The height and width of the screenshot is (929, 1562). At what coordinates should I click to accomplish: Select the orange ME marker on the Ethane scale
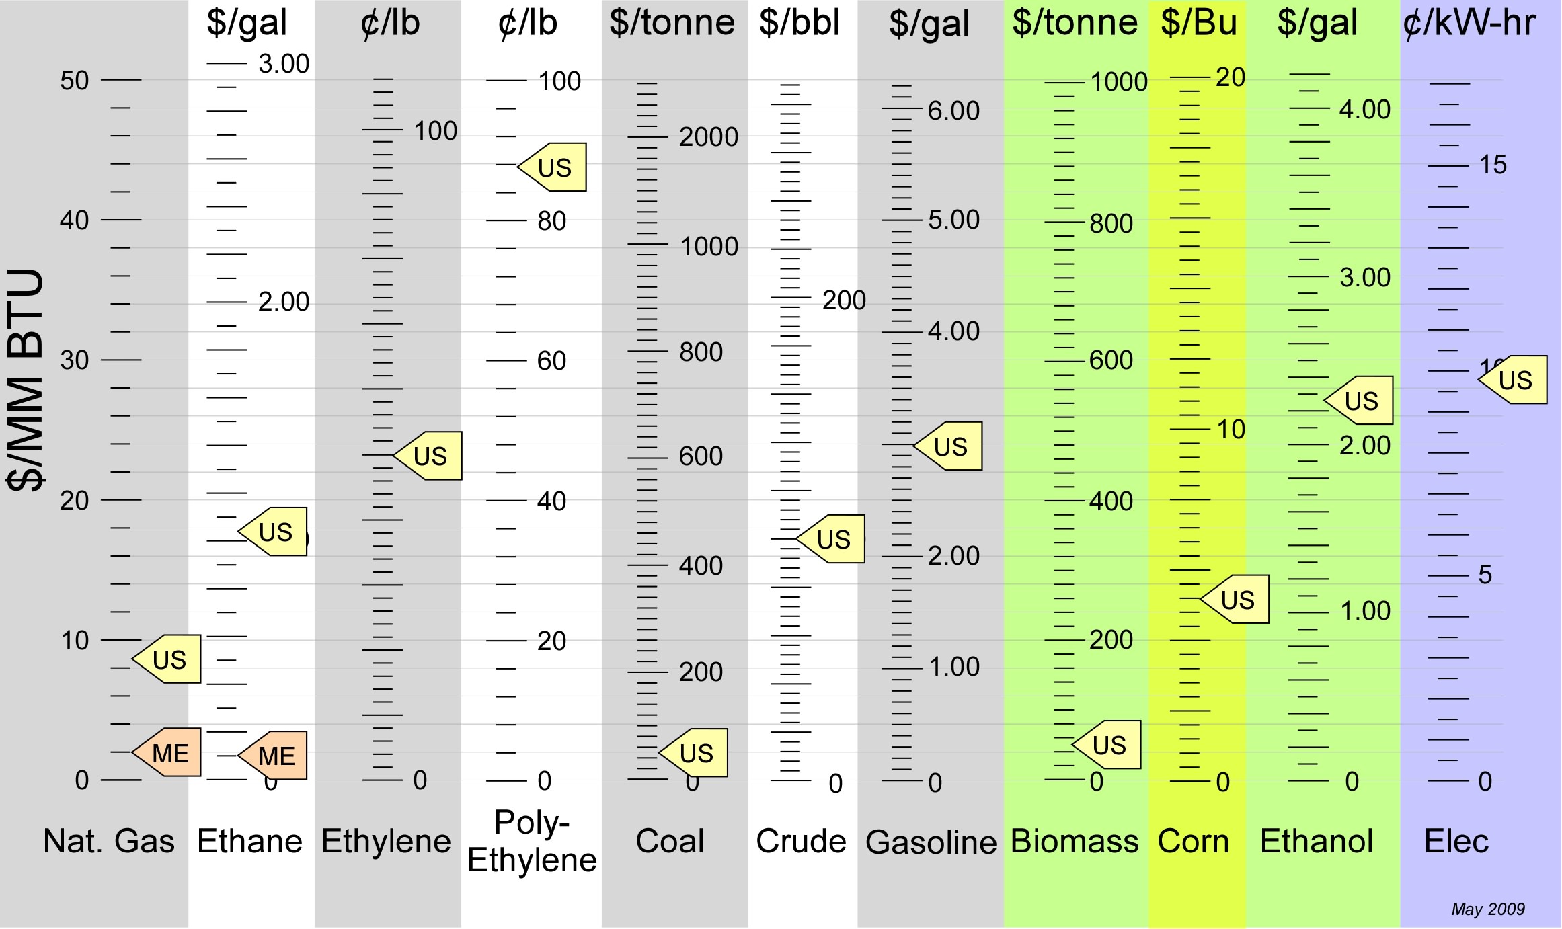tap(276, 756)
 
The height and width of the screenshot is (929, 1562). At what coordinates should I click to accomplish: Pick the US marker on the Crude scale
tap(833, 539)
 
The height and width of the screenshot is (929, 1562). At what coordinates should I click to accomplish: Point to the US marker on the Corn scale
tap(1237, 600)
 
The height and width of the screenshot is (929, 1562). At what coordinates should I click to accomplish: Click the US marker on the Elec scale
tap(1515, 380)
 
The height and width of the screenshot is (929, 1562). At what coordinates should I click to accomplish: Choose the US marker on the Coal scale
tap(696, 753)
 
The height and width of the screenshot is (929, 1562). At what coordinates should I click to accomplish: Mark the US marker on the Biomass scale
tap(1109, 745)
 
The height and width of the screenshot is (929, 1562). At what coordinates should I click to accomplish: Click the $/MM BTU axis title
tap(26, 380)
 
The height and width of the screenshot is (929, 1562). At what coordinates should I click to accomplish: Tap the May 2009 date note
tap(1488, 910)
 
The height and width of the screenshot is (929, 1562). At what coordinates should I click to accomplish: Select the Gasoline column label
tap(931, 842)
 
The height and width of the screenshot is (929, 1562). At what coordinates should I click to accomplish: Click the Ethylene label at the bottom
tap(386, 842)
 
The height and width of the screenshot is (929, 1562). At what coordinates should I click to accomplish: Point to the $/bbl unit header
tap(799, 23)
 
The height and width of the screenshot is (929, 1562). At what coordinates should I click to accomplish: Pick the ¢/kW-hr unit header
tap(1469, 23)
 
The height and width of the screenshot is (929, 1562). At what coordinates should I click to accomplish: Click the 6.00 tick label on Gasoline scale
tap(953, 111)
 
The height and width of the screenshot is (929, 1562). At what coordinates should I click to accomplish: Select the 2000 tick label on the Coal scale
tap(709, 137)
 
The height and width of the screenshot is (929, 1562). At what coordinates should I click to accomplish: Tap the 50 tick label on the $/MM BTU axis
tap(75, 81)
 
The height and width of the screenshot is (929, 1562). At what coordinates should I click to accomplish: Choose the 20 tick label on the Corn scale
tap(1231, 77)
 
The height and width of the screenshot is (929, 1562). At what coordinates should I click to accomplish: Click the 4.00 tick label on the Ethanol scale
tap(1364, 110)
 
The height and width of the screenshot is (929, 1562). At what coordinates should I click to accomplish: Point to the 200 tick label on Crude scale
tap(844, 300)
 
